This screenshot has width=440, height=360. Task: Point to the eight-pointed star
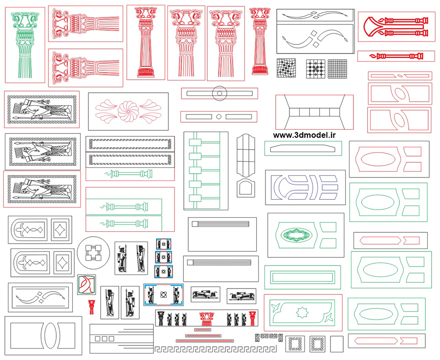(x=301, y=313)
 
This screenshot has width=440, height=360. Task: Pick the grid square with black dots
(x=315, y=68)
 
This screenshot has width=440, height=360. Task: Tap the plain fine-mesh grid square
(x=337, y=68)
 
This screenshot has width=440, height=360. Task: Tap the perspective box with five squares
(x=314, y=112)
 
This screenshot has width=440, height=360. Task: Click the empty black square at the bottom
(x=337, y=344)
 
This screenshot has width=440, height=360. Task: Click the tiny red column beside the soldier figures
(x=91, y=307)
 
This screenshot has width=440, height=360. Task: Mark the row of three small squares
(x=104, y=338)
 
